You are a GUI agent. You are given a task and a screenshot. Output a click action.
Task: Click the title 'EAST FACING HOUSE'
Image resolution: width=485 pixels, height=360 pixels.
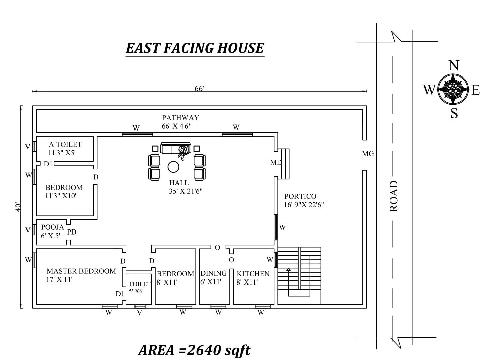(x=195, y=48)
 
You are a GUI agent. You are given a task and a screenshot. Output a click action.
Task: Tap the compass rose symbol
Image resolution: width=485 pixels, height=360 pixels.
(x=453, y=89)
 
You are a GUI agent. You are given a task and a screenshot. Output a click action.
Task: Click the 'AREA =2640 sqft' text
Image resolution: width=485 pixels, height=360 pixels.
(x=194, y=350)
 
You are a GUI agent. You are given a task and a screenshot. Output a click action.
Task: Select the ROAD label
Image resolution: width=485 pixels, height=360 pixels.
(x=394, y=196)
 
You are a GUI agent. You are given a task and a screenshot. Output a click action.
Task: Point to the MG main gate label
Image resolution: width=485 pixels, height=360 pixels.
(x=368, y=154)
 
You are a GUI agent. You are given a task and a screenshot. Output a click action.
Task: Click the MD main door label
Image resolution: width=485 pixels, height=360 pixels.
(x=276, y=163)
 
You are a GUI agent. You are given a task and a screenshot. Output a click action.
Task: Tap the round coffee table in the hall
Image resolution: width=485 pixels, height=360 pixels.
(x=173, y=167)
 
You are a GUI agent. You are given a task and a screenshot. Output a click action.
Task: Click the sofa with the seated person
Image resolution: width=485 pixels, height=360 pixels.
(x=175, y=148)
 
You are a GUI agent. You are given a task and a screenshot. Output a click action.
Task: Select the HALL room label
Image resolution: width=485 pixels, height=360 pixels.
(x=179, y=183)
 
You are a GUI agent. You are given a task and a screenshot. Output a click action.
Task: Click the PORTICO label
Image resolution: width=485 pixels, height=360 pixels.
(x=300, y=196)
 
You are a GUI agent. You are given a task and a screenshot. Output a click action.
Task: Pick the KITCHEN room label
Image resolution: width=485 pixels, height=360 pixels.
(x=253, y=274)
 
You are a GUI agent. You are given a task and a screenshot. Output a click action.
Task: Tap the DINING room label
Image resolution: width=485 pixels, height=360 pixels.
(x=213, y=273)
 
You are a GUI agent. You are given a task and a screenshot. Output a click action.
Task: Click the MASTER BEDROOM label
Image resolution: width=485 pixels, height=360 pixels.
(x=81, y=271)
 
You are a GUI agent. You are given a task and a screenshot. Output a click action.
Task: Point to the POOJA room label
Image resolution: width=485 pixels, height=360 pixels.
(x=52, y=227)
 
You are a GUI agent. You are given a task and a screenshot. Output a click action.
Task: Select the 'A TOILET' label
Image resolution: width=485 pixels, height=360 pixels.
(x=65, y=145)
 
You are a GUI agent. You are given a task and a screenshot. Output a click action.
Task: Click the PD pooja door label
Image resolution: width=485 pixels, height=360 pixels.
(x=72, y=232)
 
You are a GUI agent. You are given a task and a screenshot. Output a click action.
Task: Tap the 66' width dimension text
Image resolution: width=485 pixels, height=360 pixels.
(x=199, y=88)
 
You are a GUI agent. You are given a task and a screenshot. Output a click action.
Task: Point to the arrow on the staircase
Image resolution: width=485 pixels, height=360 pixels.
(x=288, y=269)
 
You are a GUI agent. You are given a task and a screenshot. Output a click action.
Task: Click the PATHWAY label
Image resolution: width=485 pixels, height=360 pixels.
(x=180, y=118)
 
